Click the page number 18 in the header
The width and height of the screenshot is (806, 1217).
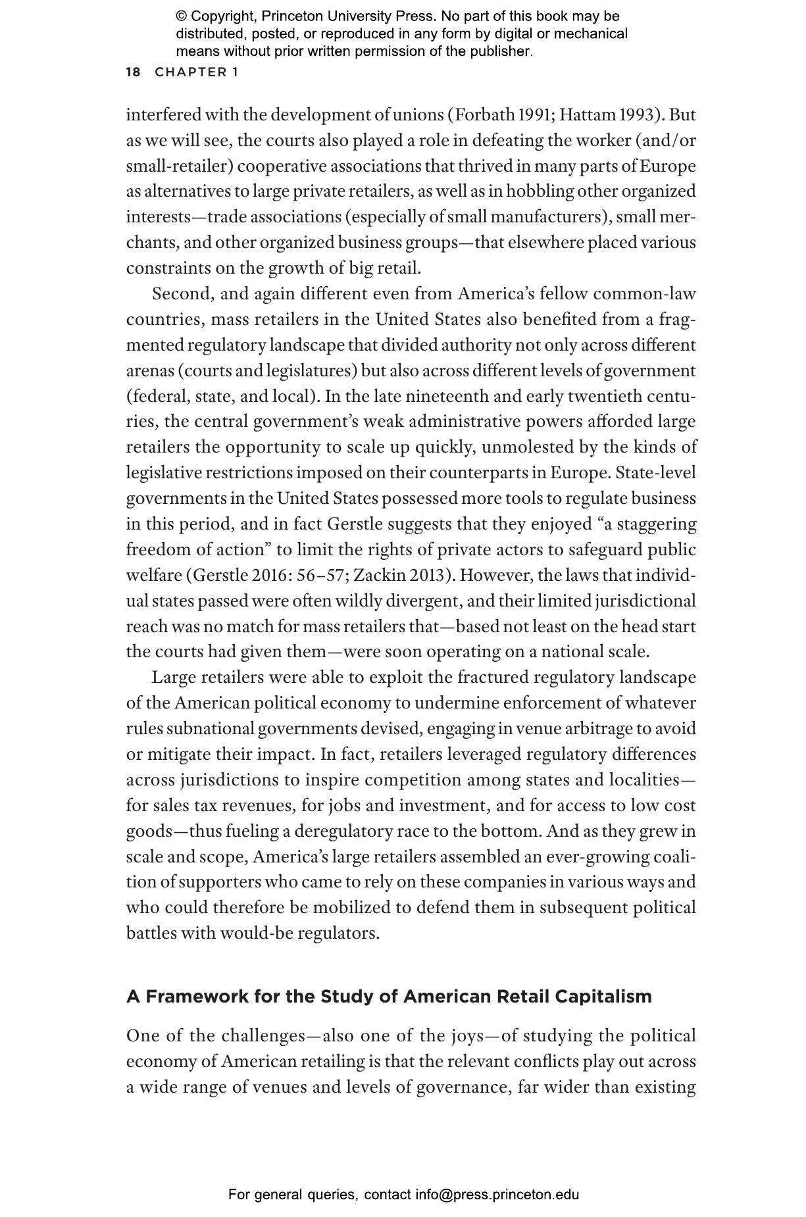click(x=133, y=72)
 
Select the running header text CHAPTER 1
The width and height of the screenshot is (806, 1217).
click(x=197, y=72)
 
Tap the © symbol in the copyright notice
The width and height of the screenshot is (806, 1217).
click(x=182, y=16)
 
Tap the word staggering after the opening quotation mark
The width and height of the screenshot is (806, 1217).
click(x=653, y=524)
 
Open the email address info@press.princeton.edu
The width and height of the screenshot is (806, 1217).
click(x=497, y=1195)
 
